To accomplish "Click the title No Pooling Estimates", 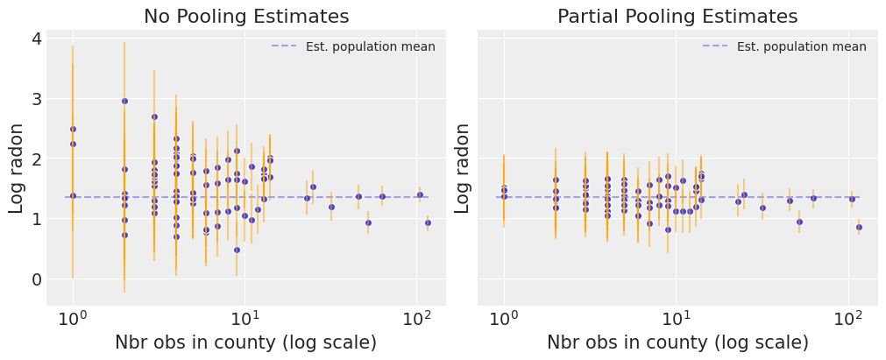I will coord(246,17).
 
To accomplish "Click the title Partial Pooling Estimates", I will coord(677,17).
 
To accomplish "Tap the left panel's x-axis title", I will coord(246,342).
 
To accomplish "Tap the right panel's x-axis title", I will coord(677,342).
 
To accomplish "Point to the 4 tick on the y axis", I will coord(36,39).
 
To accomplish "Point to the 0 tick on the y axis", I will coord(36,279).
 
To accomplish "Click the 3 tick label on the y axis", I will coord(36,99).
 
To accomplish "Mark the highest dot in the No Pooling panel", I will coord(124,102).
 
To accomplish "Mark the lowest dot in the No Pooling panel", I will coord(237,250).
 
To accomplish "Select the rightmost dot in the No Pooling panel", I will coord(428,222).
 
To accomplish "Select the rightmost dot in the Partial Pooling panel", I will coord(859,227).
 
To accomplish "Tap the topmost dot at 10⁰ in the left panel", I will coord(73,129).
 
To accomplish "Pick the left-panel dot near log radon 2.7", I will coord(154,116).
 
